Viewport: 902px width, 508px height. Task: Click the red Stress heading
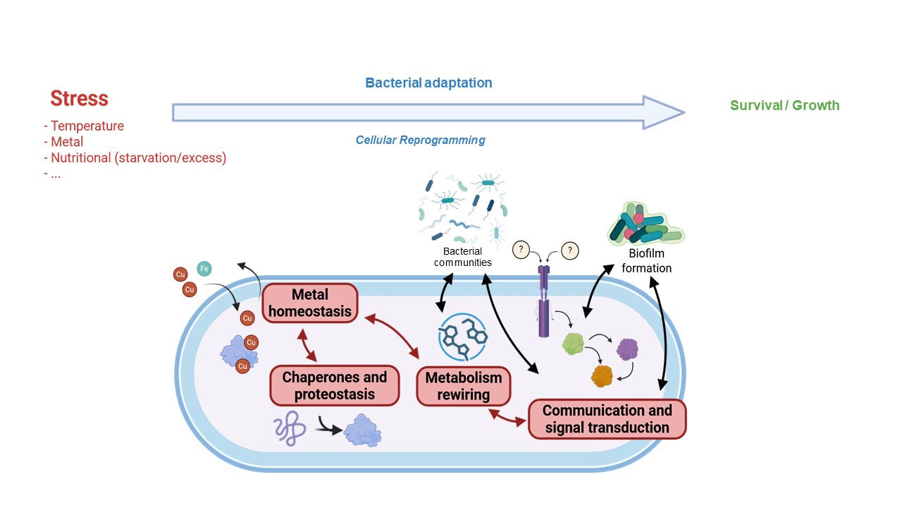(x=79, y=98)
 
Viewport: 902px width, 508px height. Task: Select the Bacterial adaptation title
(x=428, y=83)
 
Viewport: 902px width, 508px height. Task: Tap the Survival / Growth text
(x=784, y=105)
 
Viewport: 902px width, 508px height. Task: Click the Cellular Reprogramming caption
(x=420, y=140)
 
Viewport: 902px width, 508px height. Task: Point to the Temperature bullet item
(x=87, y=126)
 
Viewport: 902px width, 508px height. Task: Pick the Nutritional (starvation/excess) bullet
(x=138, y=157)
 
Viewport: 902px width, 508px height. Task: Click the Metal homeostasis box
(x=310, y=303)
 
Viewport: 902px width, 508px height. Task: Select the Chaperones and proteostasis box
(x=334, y=385)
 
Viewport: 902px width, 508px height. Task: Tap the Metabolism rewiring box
(x=463, y=386)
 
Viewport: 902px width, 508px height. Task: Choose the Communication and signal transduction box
(x=607, y=419)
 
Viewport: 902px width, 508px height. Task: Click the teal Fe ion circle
(x=204, y=268)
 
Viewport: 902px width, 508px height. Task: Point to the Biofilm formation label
(x=646, y=260)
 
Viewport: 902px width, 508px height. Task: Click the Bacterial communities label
(x=462, y=257)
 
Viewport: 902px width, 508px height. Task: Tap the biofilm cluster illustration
(x=645, y=224)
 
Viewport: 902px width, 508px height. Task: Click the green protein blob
(x=574, y=344)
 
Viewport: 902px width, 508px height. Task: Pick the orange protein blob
(x=603, y=375)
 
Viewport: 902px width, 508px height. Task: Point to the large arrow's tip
(x=682, y=112)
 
